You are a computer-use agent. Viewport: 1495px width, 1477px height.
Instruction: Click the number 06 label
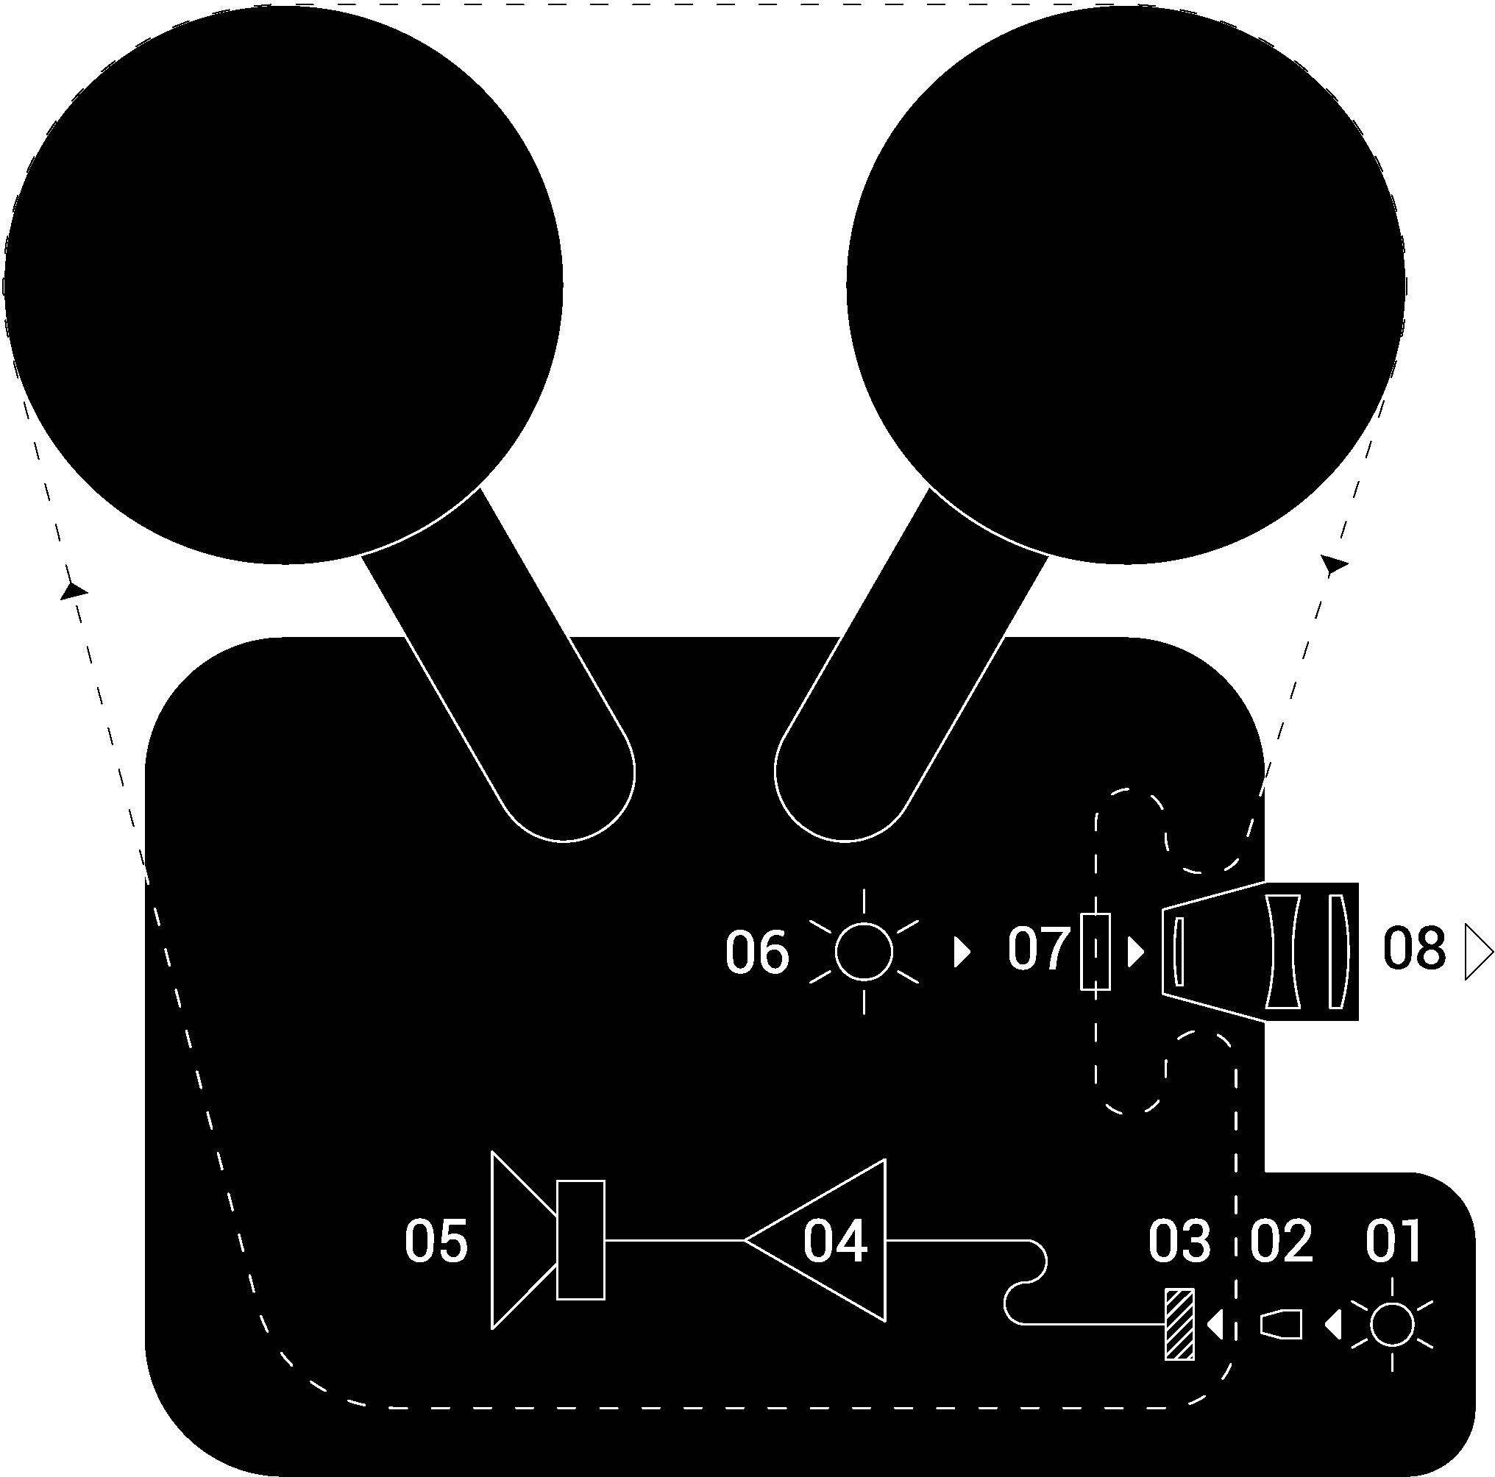(757, 953)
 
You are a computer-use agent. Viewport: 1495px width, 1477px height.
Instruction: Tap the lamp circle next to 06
(864, 952)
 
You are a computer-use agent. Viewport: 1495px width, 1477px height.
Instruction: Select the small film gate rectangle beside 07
(1095, 952)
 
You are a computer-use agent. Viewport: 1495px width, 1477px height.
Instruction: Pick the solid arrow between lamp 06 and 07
(962, 952)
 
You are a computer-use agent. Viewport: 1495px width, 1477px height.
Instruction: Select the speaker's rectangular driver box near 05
(580, 1240)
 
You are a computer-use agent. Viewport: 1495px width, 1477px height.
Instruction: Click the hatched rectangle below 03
(1179, 1325)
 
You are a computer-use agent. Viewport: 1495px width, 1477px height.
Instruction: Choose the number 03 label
(1179, 1241)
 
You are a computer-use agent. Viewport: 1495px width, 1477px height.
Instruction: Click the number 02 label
(1282, 1241)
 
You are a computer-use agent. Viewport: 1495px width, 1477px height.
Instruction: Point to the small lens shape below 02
(1282, 1324)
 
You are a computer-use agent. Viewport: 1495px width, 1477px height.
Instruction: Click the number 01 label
(1392, 1241)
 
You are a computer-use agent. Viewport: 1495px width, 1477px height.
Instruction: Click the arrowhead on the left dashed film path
(73, 591)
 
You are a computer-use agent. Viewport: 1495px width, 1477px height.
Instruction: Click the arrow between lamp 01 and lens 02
(1332, 1325)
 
